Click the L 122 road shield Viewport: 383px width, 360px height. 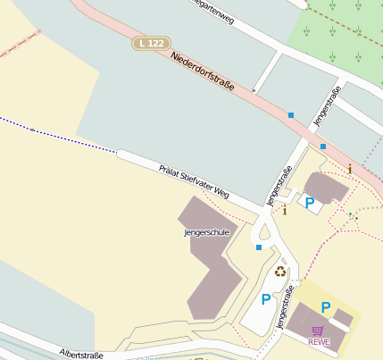150,43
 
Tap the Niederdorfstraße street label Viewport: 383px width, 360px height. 202,72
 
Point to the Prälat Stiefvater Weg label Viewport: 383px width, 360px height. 194,181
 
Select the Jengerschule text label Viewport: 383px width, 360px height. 206,232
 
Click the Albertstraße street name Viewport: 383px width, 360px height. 81,355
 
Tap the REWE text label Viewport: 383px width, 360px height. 319,341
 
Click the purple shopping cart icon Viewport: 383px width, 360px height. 318,331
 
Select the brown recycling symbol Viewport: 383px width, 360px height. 280,272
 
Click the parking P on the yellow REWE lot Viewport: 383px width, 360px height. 326,308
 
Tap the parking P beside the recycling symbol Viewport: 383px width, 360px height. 265,300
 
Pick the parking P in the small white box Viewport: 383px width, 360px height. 309,203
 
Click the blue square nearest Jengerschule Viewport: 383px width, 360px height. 259,247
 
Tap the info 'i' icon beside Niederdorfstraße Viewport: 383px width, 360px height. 350,169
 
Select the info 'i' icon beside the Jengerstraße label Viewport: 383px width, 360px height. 285,211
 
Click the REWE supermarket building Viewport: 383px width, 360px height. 312,322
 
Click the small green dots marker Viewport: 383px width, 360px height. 353,216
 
